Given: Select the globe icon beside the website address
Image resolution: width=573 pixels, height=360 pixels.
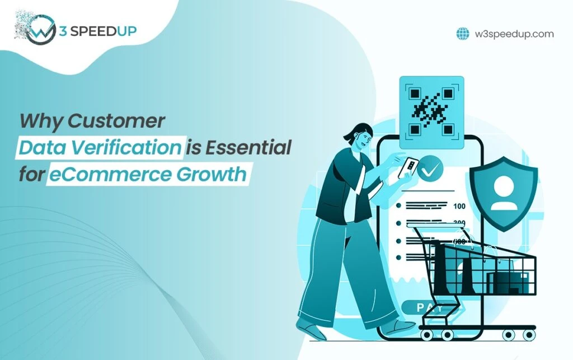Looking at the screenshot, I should coord(463,34).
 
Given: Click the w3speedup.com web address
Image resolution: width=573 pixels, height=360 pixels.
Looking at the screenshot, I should coord(514,34).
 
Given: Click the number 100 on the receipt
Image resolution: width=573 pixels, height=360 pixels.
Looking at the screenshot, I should coord(459,206).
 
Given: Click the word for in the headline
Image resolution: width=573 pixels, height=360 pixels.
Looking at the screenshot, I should coord(31,174).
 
